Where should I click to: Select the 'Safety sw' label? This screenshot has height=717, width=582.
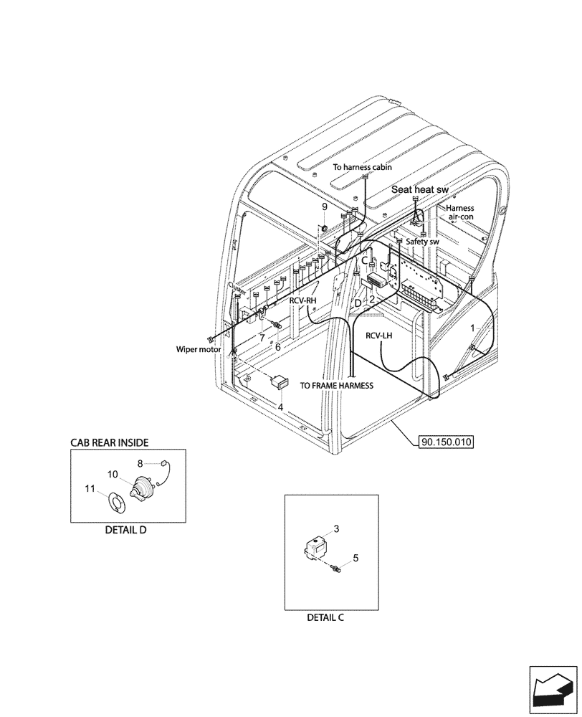(423, 242)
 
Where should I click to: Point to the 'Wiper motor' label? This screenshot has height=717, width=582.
(198, 350)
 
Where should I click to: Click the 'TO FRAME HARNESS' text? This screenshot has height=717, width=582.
(337, 385)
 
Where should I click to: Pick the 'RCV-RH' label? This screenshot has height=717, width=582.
(304, 300)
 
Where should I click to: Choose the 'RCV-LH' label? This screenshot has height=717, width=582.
(380, 335)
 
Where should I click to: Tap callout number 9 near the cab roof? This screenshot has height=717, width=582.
(324, 206)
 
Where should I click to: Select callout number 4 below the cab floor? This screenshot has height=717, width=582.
(281, 407)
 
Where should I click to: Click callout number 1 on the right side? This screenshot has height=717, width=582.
(472, 327)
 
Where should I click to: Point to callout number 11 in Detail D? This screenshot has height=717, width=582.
(90, 489)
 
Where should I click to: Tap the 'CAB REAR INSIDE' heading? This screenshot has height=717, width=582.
(110, 443)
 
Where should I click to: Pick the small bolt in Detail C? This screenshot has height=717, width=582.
(333, 569)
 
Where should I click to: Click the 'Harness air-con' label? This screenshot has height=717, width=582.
(460, 212)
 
